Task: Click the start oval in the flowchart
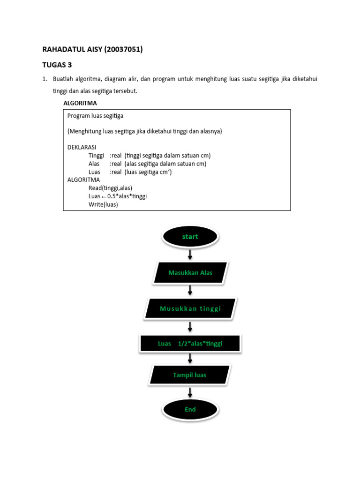click(x=190, y=237)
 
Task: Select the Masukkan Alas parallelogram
click(x=190, y=273)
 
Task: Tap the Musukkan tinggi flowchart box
click(x=190, y=308)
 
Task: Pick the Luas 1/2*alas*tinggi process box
click(x=190, y=344)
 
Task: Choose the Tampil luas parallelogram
click(x=190, y=375)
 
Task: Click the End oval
click(x=190, y=409)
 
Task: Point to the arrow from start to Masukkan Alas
click(x=190, y=255)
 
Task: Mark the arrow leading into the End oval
click(x=190, y=392)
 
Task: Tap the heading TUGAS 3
click(x=58, y=65)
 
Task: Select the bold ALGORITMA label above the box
click(x=80, y=103)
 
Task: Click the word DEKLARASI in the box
click(x=82, y=147)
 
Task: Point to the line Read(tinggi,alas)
click(x=110, y=187)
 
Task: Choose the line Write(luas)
click(x=103, y=204)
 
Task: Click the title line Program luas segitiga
click(x=96, y=115)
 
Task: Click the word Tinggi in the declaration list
click(x=96, y=155)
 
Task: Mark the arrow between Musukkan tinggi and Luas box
click(x=190, y=326)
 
